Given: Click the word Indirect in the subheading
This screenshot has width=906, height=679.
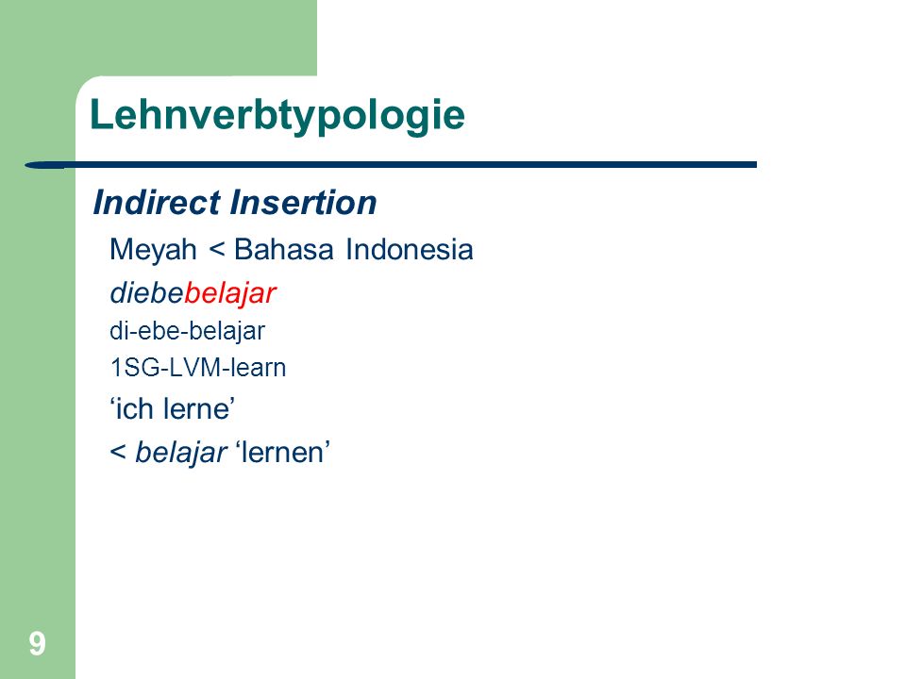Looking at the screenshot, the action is click(157, 203).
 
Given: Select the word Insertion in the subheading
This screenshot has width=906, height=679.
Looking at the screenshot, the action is click(303, 203).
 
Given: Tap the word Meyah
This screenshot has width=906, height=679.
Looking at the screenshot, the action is click(153, 251).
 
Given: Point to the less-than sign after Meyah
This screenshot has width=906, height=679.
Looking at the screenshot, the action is click(216, 250).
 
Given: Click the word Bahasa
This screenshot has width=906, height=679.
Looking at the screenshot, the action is click(284, 249).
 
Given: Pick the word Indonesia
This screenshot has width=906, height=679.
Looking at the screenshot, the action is click(410, 249).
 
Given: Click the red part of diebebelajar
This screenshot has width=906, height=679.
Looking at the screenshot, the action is click(230, 293).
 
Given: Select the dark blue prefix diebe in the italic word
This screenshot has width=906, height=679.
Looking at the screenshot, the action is click(147, 293).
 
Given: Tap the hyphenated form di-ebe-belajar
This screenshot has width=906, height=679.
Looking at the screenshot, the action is click(187, 331).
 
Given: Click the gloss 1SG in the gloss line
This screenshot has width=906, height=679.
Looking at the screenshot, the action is click(133, 368).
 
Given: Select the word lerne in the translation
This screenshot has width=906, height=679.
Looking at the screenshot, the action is click(196, 408).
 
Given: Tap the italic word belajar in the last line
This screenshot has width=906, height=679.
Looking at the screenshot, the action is click(181, 452).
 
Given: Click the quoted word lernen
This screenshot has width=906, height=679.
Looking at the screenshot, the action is click(283, 452).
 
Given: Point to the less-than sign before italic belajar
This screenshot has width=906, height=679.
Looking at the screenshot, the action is click(118, 452).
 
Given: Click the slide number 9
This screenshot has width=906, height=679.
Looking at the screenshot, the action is click(37, 643).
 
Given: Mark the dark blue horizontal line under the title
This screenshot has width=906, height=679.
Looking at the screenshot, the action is click(391, 165).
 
